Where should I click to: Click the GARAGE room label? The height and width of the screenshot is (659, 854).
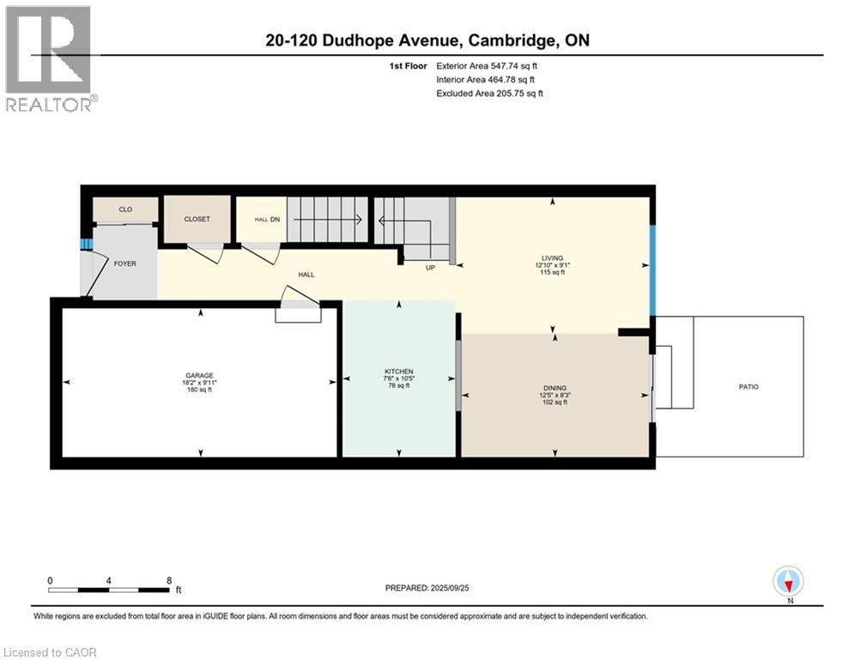pos(199,375)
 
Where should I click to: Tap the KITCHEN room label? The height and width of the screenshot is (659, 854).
pos(398,372)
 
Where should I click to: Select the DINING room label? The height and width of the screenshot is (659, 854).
pos(554,388)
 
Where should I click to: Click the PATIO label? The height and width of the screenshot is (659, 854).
pos(748,387)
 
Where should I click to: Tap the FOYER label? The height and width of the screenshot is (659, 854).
pos(124,263)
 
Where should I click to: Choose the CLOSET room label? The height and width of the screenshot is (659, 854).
pos(197,219)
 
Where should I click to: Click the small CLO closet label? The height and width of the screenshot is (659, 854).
pos(125,209)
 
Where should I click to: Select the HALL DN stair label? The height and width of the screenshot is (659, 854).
pos(268,220)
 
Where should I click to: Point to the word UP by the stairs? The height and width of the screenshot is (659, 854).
pos(431,268)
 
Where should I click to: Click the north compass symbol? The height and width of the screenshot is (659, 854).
pos(787,581)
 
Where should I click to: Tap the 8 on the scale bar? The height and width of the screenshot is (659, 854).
pos(168,580)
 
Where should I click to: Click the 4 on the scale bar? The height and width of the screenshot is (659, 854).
pos(109,580)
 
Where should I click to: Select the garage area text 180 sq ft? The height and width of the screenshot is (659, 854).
pos(199,390)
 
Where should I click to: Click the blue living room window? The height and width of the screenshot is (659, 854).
pos(652,270)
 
